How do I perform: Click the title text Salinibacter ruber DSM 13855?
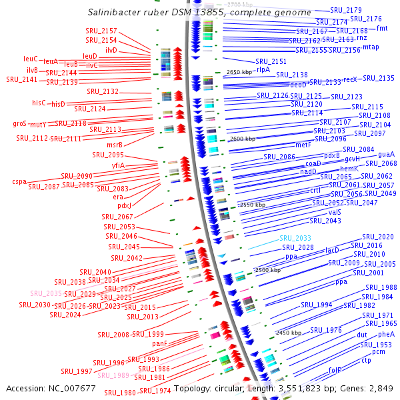pyautogui.click(x=199, y=13)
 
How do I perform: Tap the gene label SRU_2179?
pyautogui.click(x=345, y=10)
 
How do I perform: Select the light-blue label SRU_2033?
pyautogui.click(x=295, y=238)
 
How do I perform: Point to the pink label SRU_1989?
pyautogui.click(x=113, y=375)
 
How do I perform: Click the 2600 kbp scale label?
pyautogui.click(x=241, y=139)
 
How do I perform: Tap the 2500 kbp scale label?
pyautogui.click(x=267, y=270)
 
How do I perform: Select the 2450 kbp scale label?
pyautogui.click(x=289, y=332)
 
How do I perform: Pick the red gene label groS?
pyautogui.click(x=19, y=123)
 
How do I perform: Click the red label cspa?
pyautogui.click(x=19, y=181)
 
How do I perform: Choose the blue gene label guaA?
pyautogui.click(x=386, y=155)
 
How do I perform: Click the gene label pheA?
pyautogui.click(x=386, y=335)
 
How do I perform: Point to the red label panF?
pyautogui.click(x=159, y=343)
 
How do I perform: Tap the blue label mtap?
pyautogui.click(x=371, y=47)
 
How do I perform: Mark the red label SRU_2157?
pyautogui.click(x=101, y=31)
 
